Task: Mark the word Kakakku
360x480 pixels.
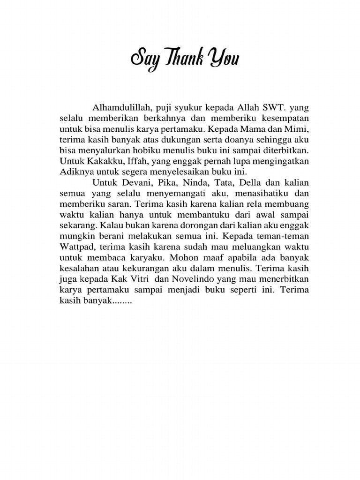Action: coord(96,161)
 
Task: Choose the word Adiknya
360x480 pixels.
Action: coord(76,171)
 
